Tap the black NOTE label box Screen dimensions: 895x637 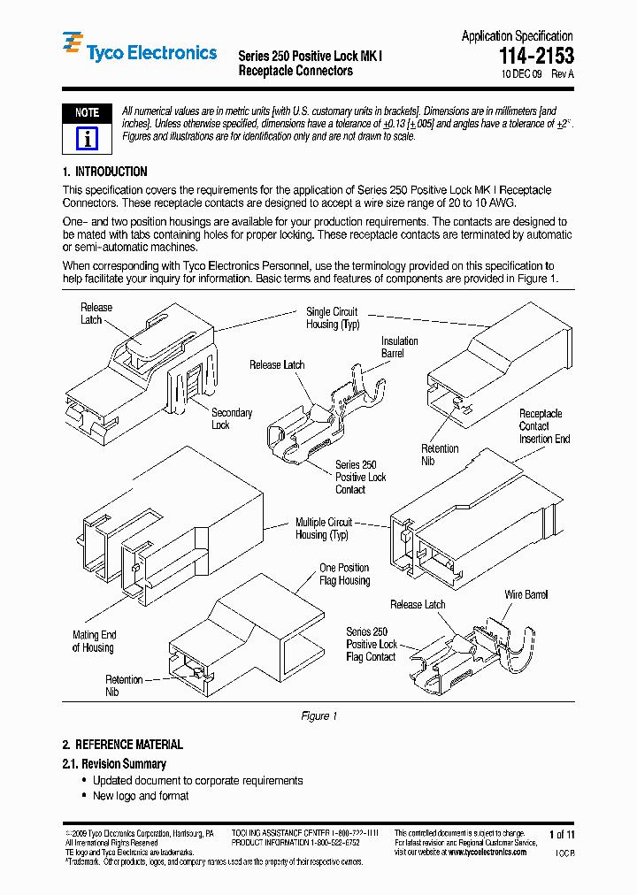pyautogui.click(x=87, y=113)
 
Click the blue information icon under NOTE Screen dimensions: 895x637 pyautogui.click(x=87, y=139)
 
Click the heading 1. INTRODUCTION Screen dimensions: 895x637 pyautogui.click(x=104, y=172)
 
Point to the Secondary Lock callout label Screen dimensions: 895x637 pyautogui.click(x=231, y=419)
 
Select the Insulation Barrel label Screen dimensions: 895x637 pyautogui.click(x=399, y=348)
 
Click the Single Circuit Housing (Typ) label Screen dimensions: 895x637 pyautogui.click(x=332, y=318)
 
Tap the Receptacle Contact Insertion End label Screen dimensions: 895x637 pyautogui.click(x=543, y=426)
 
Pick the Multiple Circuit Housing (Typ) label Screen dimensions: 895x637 pyautogui.click(x=323, y=529)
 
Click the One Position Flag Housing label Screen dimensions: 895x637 pyautogui.click(x=344, y=574)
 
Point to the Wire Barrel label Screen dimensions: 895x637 pyautogui.click(x=526, y=595)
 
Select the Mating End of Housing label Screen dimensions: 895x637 pyautogui.click(x=94, y=641)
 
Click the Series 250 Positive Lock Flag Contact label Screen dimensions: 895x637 pyautogui.click(x=371, y=645)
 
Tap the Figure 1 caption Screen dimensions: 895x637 pyautogui.click(x=318, y=715)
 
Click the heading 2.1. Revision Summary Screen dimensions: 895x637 pyautogui.click(x=114, y=763)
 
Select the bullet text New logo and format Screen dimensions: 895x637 pyautogui.click(x=141, y=796)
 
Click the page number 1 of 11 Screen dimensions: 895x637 pyautogui.click(x=562, y=834)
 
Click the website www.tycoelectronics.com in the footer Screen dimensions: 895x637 pyautogui.click(x=486, y=852)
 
